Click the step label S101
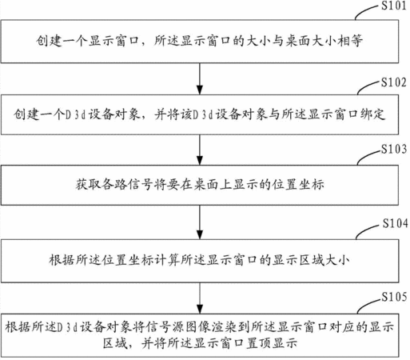(394, 6)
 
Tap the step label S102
(394, 82)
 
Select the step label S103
(394, 150)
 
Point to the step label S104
(396, 223)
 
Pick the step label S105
(394, 297)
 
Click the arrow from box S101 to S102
(200, 79)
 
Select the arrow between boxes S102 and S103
(200, 150)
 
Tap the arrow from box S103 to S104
(200, 222)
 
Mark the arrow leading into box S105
(200, 298)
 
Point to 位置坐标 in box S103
(298, 185)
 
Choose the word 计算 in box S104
(167, 260)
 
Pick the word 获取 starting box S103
(88, 185)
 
